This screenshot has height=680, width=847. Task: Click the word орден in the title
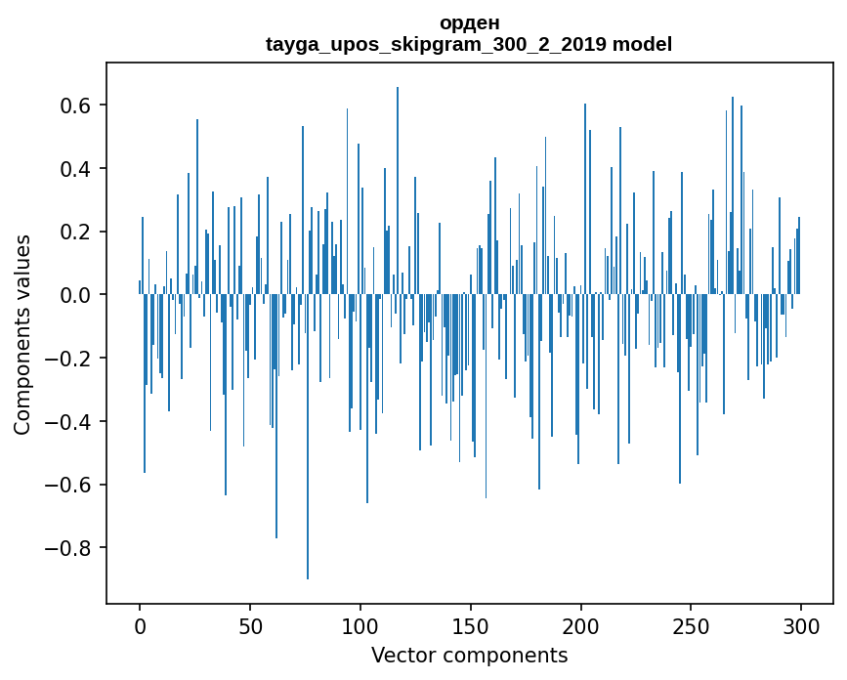pyautogui.click(x=469, y=22)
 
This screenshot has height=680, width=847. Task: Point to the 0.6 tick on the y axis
pyautogui.click(x=76, y=106)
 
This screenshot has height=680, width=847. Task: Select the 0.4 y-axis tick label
pyautogui.click(x=76, y=169)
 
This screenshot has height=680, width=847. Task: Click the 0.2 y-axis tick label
pyautogui.click(x=76, y=232)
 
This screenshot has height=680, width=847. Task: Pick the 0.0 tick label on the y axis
pyautogui.click(x=76, y=295)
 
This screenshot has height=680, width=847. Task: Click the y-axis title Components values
pyautogui.click(x=23, y=334)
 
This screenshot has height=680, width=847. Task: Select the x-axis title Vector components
pyautogui.click(x=469, y=655)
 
